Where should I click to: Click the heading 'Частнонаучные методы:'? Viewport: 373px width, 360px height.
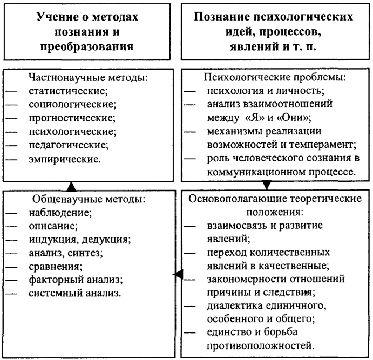88,78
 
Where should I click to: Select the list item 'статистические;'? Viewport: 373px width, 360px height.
68,91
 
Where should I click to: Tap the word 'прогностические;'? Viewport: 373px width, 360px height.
72,118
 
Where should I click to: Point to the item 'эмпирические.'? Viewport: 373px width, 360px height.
65,159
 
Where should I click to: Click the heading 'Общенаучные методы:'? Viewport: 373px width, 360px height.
89,199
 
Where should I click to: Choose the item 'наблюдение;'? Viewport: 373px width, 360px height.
60,213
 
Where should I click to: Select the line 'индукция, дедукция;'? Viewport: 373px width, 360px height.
80,240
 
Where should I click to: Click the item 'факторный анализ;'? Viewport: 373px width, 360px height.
76,280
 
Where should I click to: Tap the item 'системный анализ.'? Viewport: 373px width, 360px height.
75,293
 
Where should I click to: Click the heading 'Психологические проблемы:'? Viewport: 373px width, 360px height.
275,78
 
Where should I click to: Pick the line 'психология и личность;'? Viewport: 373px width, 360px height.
266,91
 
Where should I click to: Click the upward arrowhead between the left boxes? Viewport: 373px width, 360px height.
71,187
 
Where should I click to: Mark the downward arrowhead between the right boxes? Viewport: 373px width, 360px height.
267,185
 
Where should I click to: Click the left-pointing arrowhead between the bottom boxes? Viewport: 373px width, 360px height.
178,274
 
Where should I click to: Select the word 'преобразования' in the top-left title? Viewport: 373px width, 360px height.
87,46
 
